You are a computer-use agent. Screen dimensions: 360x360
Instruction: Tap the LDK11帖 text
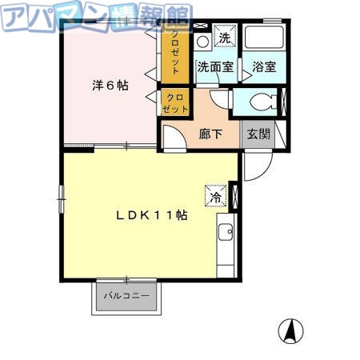[152, 215]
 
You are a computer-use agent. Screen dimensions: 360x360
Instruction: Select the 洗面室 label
[214, 67]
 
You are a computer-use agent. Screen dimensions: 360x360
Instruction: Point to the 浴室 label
[264, 67]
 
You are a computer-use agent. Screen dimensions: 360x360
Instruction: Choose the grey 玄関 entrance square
[258, 134]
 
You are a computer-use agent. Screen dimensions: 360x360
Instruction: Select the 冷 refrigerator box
[216, 194]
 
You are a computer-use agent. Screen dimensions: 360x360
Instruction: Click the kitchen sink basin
[225, 234]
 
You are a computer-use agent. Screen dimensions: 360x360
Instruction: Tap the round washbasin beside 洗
[203, 39]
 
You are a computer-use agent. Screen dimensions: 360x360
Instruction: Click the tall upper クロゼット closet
[176, 53]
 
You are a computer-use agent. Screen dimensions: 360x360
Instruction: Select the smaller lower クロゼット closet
[176, 102]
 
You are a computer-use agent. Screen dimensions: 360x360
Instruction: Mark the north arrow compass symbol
[291, 330]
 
